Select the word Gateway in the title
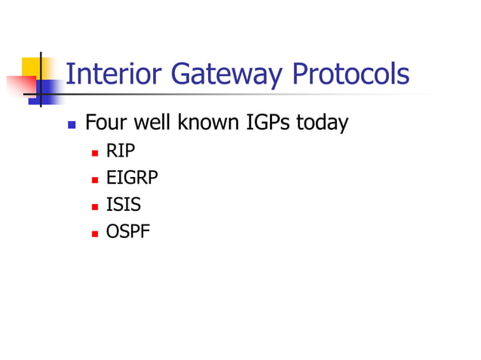[x=224, y=74]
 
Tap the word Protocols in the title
[x=351, y=74]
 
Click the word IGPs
[x=268, y=123]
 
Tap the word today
[x=322, y=123]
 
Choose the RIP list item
[x=120, y=151]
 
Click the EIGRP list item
[x=132, y=178]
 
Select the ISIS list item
[x=123, y=204]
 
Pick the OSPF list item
[x=127, y=230]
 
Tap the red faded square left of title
[x=20, y=85]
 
